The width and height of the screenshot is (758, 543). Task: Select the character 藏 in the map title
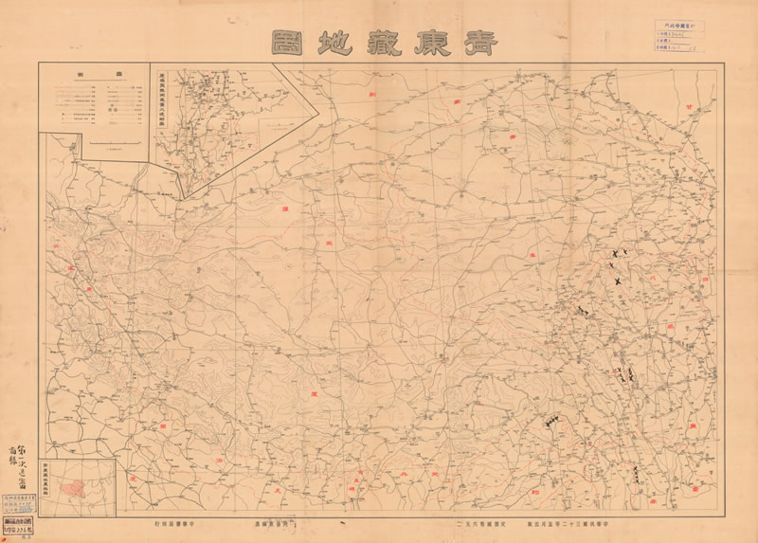pyautogui.click(x=372, y=43)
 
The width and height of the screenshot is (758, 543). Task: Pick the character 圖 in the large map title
pyautogui.click(x=280, y=43)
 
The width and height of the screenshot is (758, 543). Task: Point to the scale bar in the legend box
pyautogui.click(x=111, y=144)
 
